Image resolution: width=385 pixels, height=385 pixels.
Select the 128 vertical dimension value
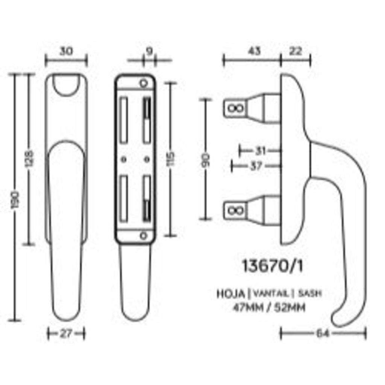pos(30,158)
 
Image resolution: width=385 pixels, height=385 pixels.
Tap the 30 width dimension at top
pos(66,51)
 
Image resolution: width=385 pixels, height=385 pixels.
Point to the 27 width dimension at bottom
pos(66,333)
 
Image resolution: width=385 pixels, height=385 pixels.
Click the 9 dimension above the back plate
pos(149,51)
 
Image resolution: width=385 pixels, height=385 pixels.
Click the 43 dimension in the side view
pos(254,51)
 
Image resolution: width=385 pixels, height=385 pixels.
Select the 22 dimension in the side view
pos(296,51)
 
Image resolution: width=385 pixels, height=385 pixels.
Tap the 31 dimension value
pos(260,151)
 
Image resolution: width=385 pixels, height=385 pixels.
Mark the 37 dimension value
pos(256,166)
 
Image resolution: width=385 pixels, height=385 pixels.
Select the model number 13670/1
pos(272,266)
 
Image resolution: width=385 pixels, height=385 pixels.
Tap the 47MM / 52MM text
pos(269,308)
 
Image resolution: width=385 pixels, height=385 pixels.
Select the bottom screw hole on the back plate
pos(143,235)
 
